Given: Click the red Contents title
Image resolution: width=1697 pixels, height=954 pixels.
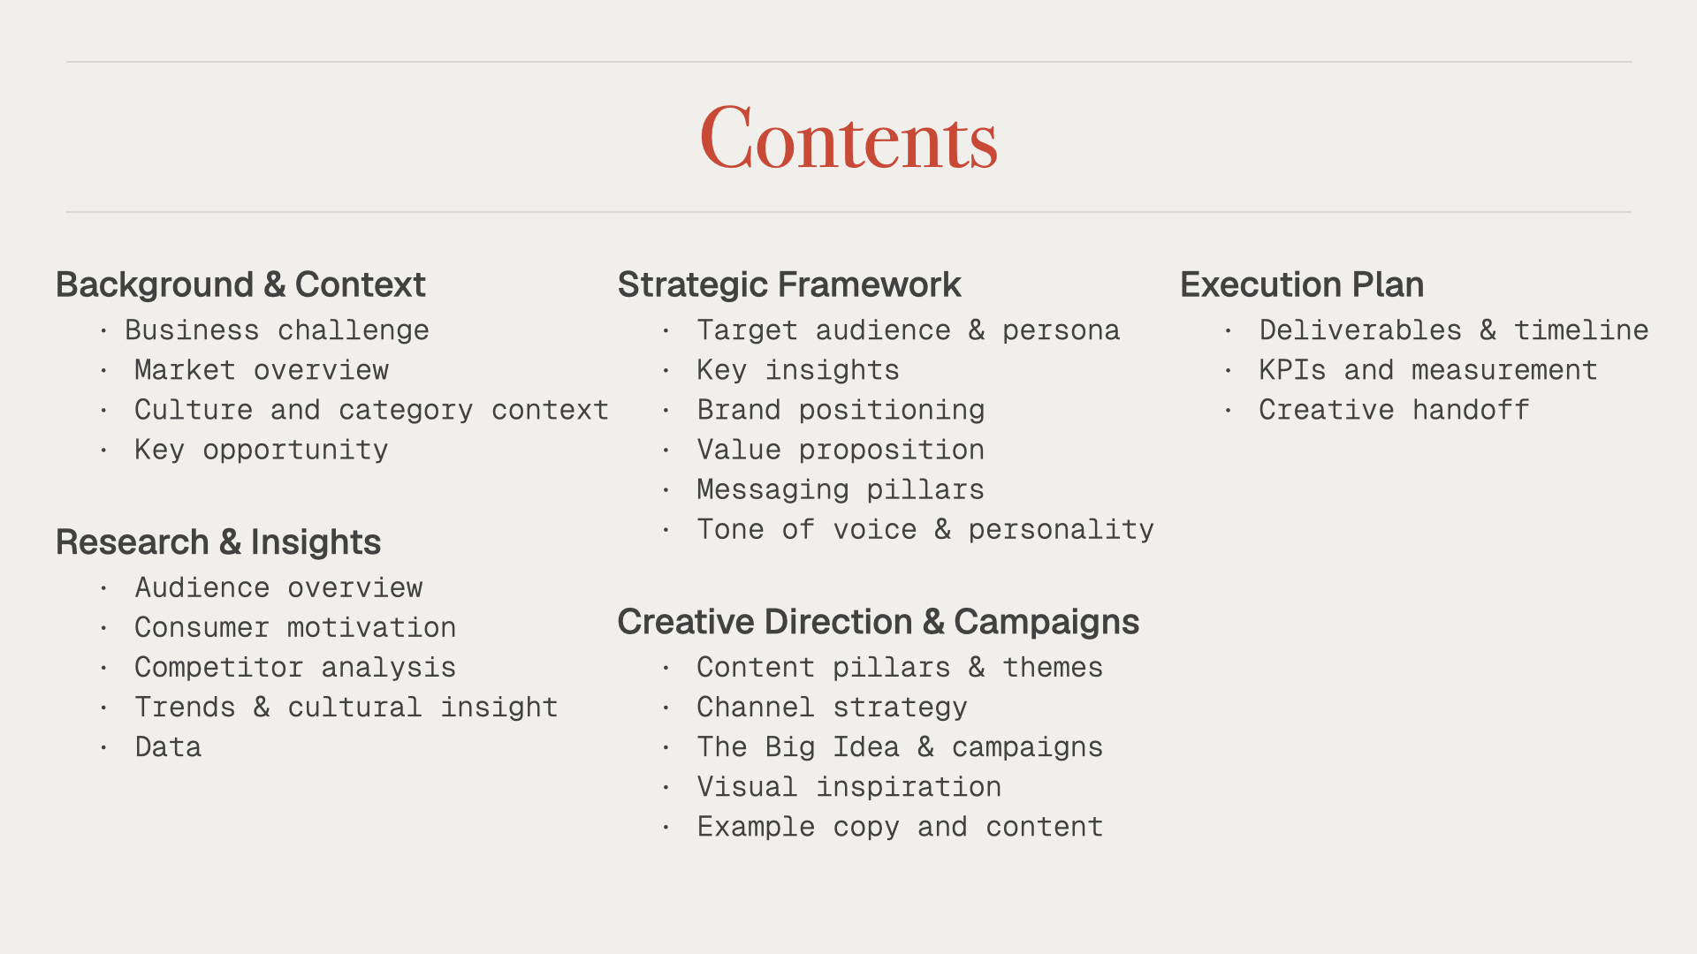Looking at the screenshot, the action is click(x=848, y=137).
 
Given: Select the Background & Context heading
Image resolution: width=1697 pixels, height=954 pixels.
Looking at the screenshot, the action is click(x=240, y=284).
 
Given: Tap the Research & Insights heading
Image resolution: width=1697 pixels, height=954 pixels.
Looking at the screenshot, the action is click(x=218, y=542).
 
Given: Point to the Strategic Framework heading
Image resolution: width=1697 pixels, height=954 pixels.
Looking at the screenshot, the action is click(x=789, y=284).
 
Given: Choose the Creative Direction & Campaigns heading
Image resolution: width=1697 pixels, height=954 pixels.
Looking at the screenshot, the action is click(x=879, y=622).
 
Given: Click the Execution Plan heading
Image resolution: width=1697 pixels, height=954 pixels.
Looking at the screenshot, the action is click(x=1302, y=284).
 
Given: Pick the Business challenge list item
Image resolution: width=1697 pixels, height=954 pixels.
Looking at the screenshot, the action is click(x=277, y=330).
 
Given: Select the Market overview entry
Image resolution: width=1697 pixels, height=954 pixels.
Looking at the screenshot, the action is click(x=262, y=370).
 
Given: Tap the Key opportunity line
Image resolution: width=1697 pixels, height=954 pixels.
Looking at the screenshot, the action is click(x=262, y=450).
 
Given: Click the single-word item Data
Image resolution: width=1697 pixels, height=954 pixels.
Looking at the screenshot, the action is click(x=168, y=747).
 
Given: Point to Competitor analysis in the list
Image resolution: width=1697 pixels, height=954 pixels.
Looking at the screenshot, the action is click(x=295, y=668).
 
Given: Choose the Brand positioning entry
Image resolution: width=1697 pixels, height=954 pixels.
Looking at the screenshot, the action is click(x=841, y=411).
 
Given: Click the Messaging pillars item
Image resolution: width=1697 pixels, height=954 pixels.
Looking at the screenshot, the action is click(x=841, y=490).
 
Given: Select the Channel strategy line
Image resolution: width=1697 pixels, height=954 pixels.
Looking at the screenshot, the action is click(x=832, y=708).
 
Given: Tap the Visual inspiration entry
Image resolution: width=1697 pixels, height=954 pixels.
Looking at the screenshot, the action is click(x=848, y=787).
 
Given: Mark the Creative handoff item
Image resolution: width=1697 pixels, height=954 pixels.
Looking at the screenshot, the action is click(x=1394, y=410).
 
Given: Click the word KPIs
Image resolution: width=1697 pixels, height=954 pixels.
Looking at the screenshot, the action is click(x=1292, y=370).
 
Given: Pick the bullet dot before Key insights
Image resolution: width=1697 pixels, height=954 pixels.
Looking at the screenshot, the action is click(x=666, y=371).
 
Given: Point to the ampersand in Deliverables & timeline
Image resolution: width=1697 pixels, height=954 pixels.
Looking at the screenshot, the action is click(x=1488, y=330).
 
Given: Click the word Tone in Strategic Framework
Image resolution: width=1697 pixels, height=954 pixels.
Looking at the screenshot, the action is click(x=730, y=530).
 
